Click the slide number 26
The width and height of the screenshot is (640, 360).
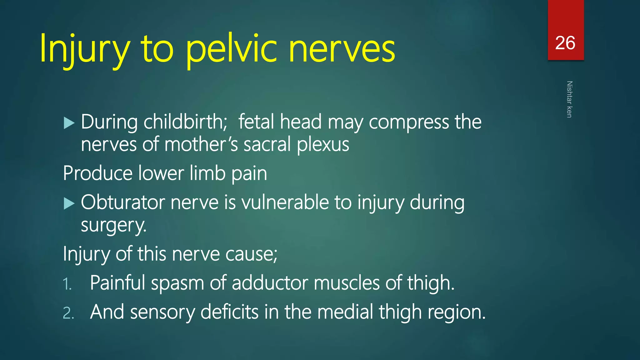(x=565, y=43)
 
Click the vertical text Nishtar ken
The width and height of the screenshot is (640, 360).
(x=569, y=99)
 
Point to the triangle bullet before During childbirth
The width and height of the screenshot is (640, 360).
(x=69, y=123)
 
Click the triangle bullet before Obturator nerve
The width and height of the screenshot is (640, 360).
(x=69, y=203)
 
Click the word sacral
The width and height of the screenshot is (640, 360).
(x=267, y=145)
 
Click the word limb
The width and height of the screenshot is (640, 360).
(x=207, y=173)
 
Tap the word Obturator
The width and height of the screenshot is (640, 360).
(x=122, y=202)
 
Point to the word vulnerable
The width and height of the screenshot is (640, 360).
(x=285, y=202)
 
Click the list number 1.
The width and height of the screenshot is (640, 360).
(x=67, y=284)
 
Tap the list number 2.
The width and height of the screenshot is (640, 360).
(x=68, y=313)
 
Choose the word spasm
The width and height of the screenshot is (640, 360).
(x=177, y=283)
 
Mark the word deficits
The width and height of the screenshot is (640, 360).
(x=229, y=312)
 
